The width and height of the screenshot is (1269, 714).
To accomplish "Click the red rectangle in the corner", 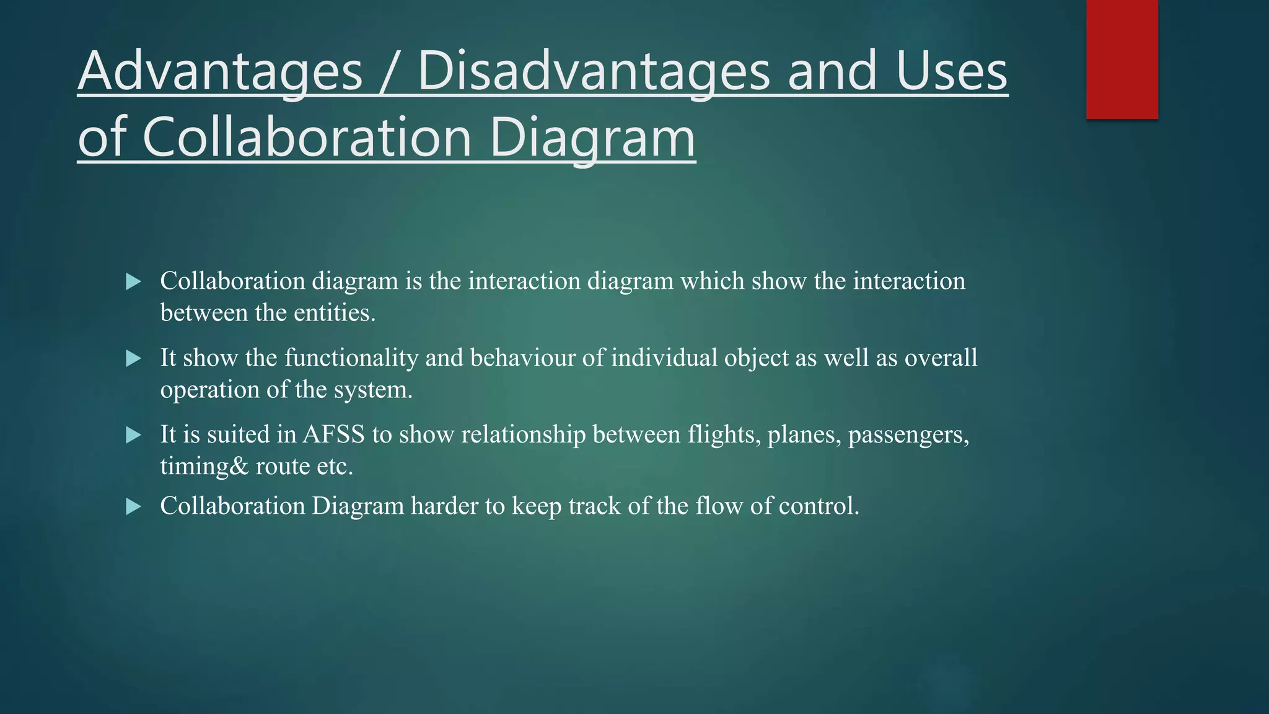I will (x=1122, y=59).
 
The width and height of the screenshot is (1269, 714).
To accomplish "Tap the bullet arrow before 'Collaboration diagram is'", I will (x=133, y=282).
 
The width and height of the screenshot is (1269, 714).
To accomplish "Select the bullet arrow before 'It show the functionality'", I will (x=133, y=359).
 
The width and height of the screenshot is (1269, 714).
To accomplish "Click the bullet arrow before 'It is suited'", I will (x=133, y=435).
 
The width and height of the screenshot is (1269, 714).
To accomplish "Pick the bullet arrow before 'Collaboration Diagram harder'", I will (x=133, y=507).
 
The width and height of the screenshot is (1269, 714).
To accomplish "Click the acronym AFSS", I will (x=333, y=434).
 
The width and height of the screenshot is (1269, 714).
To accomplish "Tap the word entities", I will (x=334, y=313).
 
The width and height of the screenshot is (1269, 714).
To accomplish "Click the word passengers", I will (x=908, y=434).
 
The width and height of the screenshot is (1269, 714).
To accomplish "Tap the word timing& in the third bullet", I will (x=204, y=467).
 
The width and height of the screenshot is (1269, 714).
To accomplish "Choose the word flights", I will (x=724, y=434).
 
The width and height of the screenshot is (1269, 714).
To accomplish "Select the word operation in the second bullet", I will (x=209, y=390).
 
